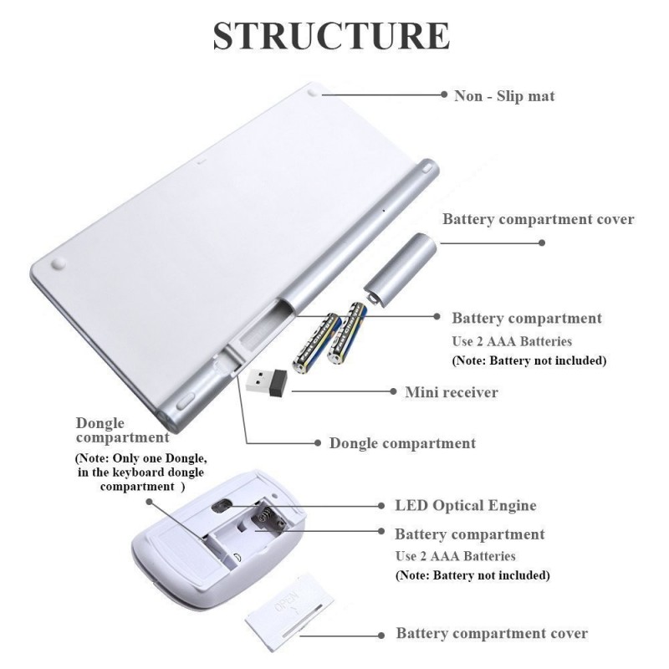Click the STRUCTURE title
click(x=331, y=35)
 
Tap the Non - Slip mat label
click(x=504, y=96)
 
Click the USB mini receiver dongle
click(x=267, y=383)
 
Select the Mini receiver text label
click(x=452, y=392)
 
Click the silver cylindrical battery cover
click(x=400, y=269)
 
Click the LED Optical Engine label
click(x=466, y=506)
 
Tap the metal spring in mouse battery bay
click(x=265, y=514)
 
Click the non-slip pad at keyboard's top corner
click(x=313, y=93)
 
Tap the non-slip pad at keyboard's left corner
click(x=59, y=263)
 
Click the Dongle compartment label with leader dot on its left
click(x=402, y=443)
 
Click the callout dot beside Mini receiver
click(x=393, y=391)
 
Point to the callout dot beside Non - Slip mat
click(x=444, y=94)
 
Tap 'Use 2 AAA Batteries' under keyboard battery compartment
click(x=512, y=341)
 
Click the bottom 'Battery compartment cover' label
click(x=492, y=633)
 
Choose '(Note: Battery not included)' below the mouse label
click(x=472, y=575)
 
